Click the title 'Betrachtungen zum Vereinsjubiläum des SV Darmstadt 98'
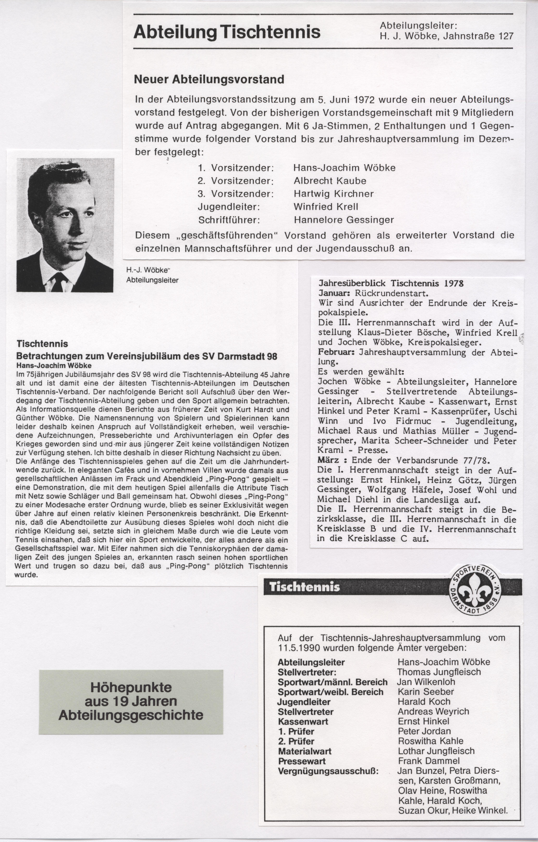coord(147,356)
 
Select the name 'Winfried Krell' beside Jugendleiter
coord(326,207)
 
